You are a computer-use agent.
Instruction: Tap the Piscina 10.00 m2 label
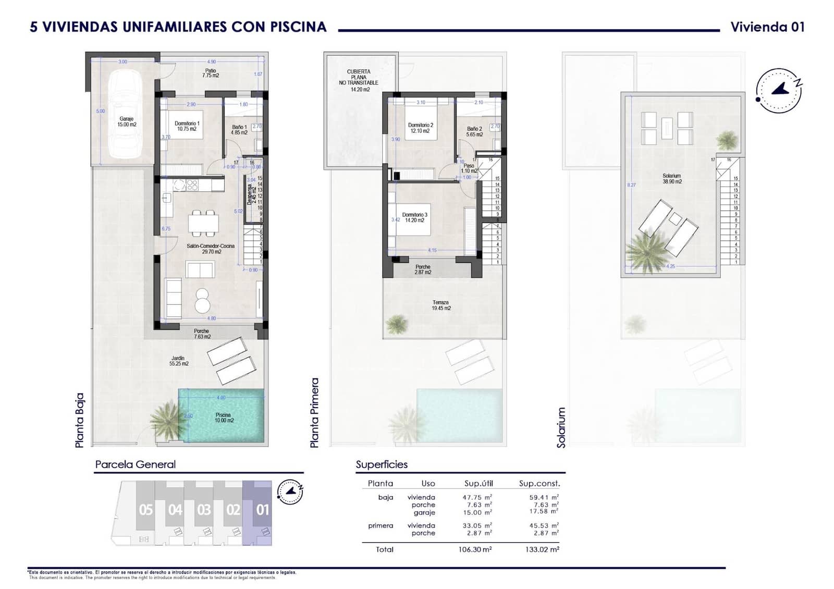tap(223, 418)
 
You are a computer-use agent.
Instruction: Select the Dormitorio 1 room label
tap(187, 126)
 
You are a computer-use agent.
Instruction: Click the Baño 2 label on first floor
tap(474, 131)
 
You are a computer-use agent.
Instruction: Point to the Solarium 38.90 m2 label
tap(672, 179)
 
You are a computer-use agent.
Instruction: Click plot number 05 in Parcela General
tap(146, 509)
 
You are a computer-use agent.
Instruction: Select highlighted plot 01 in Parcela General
tap(262, 509)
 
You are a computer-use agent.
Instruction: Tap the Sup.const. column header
tap(539, 483)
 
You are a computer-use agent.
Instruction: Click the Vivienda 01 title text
tap(767, 27)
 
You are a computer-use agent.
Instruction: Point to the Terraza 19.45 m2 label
tap(440, 305)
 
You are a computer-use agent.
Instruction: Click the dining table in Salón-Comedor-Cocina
tap(204, 223)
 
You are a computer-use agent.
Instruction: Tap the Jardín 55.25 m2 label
tap(178, 361)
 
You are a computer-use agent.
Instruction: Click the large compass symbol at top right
tap(778, 90)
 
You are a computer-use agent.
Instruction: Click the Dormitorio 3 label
tap(414, 217)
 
